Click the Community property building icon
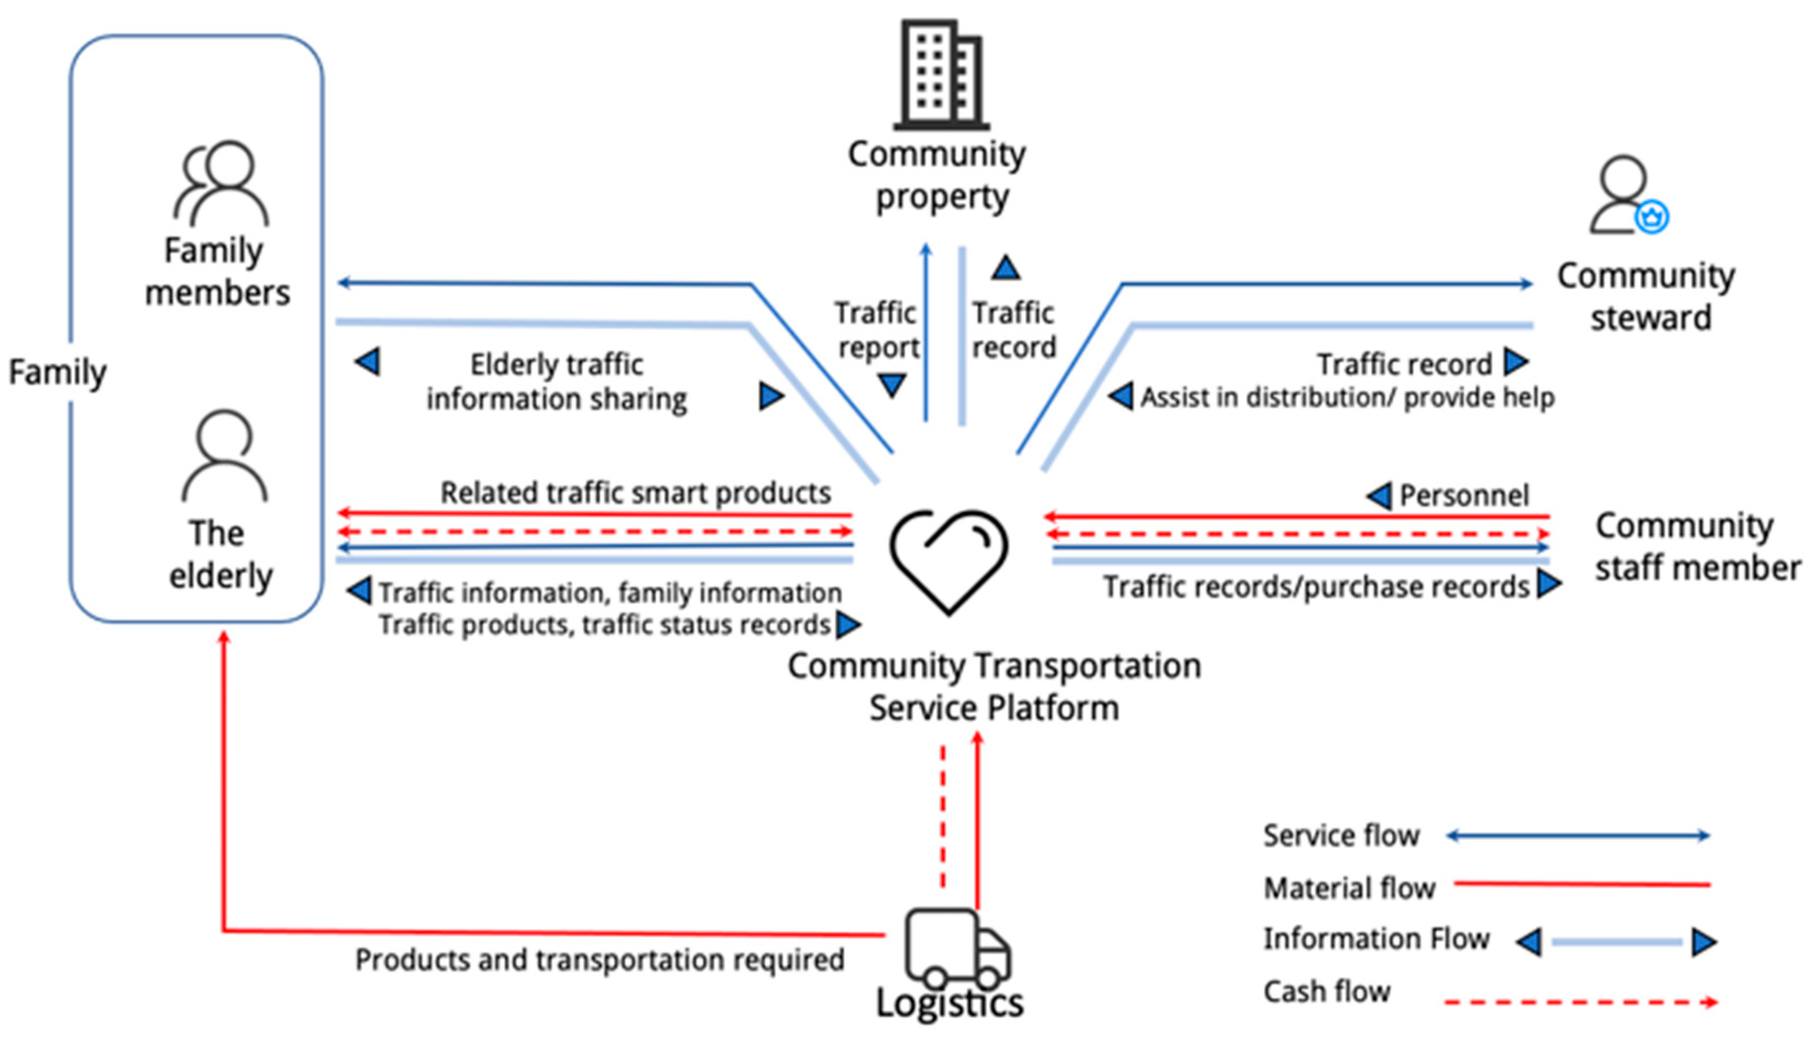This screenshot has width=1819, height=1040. point(941,75)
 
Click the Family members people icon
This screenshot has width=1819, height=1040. point(222,184)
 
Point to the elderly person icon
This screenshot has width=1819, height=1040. point(224,455)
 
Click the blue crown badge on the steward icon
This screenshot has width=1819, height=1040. point(1652,217)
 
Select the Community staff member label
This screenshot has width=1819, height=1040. point(1698,546)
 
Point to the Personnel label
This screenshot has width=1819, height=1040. point(1464,495)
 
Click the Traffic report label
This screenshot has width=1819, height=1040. point(877,330)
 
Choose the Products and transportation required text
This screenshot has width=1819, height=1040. point(600,959)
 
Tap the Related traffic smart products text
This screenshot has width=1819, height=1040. point(635,493)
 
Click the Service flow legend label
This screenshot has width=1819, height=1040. point(1341,835)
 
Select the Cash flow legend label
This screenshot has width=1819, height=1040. point(1327,991)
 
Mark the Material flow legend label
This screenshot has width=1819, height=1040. point(1349,888)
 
